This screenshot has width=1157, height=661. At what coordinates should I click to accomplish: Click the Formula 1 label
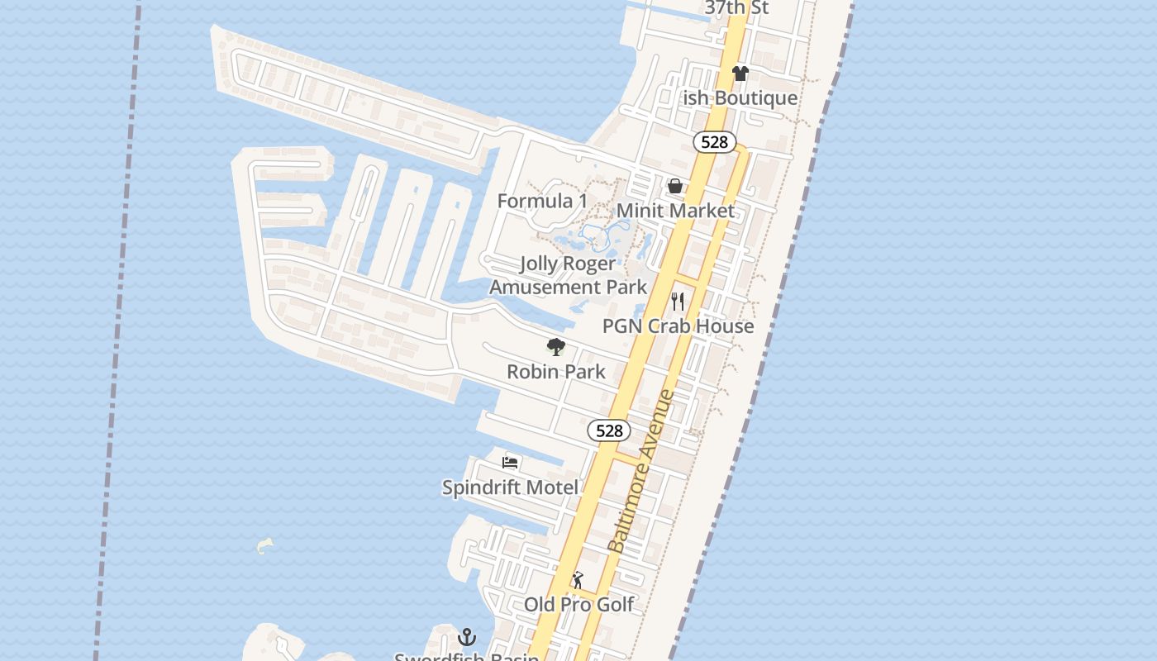[x=542, y=201]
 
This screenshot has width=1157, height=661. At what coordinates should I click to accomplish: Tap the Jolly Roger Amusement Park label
[x=568, y=275]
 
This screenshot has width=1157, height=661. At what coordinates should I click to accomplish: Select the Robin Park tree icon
[x=556, y=347]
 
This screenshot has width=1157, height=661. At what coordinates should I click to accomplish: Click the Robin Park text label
[x=556, y=372]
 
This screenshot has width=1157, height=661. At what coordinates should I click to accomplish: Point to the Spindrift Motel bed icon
[x=511, y=462]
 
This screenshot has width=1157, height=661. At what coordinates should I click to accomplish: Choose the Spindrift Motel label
[x=510, y=487]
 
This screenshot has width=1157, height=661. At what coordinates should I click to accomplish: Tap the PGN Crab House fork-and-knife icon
[x=678, y=301]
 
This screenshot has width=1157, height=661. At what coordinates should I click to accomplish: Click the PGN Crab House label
[x=678, y=326]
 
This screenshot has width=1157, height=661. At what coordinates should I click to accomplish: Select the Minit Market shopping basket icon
[x=675, y=186]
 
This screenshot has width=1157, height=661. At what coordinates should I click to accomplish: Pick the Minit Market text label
[x=675, y=211]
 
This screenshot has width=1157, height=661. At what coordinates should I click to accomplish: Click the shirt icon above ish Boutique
[x=740, y=74]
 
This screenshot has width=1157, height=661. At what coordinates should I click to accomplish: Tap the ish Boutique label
[x=740, y=98]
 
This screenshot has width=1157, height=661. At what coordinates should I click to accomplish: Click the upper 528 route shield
[x=714, y=142]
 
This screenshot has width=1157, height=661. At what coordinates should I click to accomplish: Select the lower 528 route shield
[x=609, y=430]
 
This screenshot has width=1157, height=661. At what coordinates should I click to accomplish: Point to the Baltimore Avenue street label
[x=641, y=471]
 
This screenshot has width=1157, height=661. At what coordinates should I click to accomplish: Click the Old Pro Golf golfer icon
[x=578, y=580]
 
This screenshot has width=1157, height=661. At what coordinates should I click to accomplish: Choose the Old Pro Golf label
[x=578, y=605]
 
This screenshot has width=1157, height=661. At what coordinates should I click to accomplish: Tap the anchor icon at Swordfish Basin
[x=467, y=637]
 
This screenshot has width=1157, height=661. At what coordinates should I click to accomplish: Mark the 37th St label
[x=736, y=8]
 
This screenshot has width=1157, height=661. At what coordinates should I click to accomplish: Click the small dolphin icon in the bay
[x=264, y=545]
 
